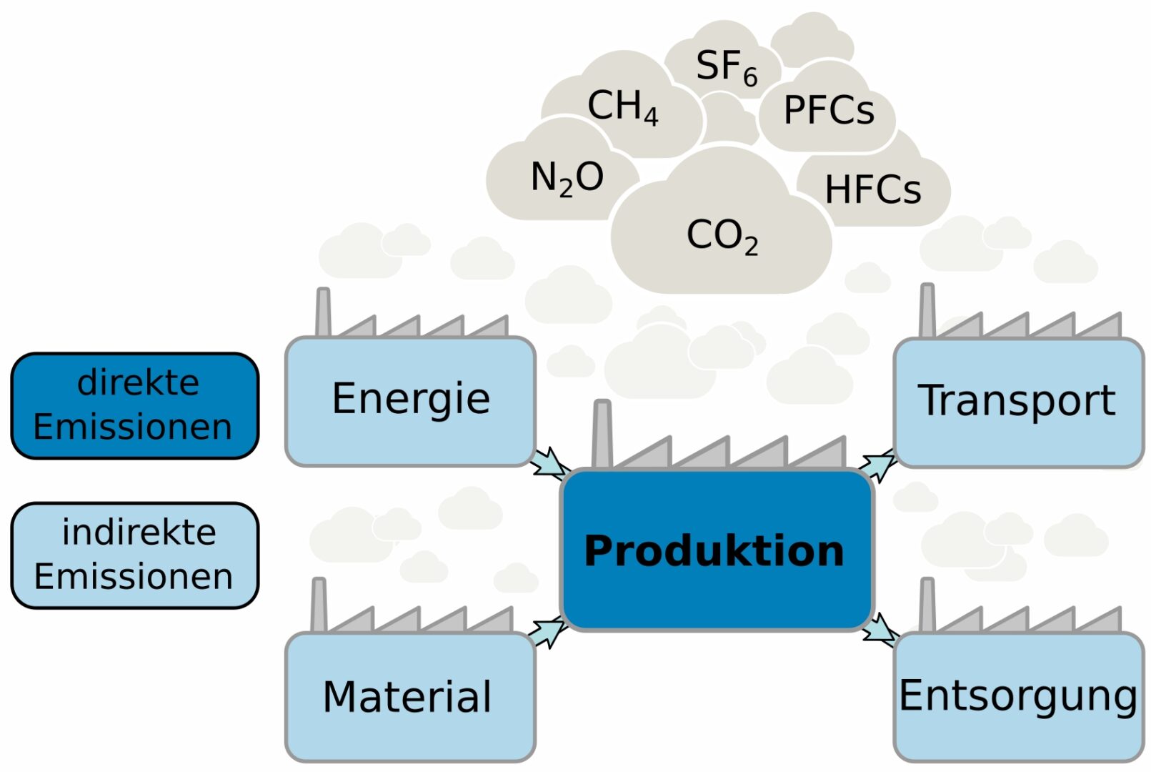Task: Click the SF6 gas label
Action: click(x=726, y=67)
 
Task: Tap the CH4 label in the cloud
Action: click(x=622, y=107)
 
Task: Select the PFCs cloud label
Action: click(x=829, y=111)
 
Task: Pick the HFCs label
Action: click(x=873, y=190)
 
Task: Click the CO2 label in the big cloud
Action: click(x=722, y=236)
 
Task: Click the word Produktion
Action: click(x=714, y=551)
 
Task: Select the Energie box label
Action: click(x=411, y=399)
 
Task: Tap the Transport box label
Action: click(x=1017, y=400)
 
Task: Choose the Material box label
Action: click(x=407, y=697)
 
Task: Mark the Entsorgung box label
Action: click(x=1018, y=696)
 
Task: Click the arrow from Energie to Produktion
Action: click(x=549, y=462)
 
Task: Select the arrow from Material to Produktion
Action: click(x=548, y=631)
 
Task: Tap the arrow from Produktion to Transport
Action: click(x=878, y=464)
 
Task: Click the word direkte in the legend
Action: click(x=138, y=382)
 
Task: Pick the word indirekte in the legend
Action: click(x=139, y=533)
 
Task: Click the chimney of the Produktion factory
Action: click(x=602, y=434)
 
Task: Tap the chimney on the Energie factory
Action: click(x=323, y=312)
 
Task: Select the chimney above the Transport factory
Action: click(x=927, y=310)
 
